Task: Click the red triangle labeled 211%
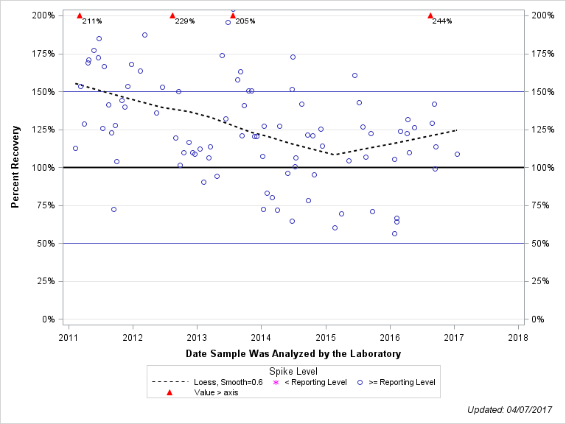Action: click(x=80, y=15)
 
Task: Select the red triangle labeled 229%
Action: click(x=172, y=15)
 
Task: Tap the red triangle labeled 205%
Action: click(x=233, y=15)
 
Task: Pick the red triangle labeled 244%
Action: click(x=430, y=15)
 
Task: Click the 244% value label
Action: click(x=442, y=21)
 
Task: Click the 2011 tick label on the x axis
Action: click(x=69, y=338)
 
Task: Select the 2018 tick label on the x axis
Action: click(x=518, y=338)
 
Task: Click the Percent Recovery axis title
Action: click(x=15, y=167)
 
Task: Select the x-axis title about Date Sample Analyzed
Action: click(x=293, y=354)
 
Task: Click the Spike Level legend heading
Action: click(x=293, y=372)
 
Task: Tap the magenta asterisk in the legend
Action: click(x=276, y=382)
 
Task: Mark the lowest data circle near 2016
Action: click(x=394, y=234)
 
